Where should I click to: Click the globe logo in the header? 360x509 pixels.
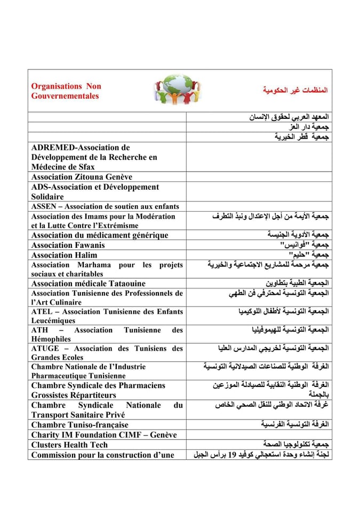coord(179,89)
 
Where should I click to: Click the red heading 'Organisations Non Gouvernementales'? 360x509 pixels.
coord(66,91)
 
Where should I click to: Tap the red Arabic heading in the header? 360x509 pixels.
coord(295,90)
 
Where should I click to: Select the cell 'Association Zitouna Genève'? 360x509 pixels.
coord(82,177)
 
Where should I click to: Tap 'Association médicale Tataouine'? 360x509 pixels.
coord(88,284)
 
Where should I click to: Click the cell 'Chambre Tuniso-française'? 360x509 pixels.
coord(79,425)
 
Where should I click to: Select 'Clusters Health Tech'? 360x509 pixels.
coord(69,445)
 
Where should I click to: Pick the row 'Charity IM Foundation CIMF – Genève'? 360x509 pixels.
coord(103,435)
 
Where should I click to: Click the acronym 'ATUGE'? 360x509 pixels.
coord(45,349)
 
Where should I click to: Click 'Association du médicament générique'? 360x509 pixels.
coord(99,235)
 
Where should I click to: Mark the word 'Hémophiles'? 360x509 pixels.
coord(51,339)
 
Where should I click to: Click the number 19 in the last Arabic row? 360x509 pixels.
coord(233,455)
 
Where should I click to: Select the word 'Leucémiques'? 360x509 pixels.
coord(53,321)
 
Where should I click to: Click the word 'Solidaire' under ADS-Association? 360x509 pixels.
coord(47,197)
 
